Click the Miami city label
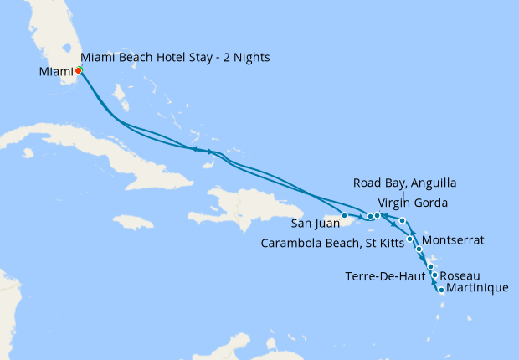pos(55,72)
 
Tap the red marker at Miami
pos(78,71)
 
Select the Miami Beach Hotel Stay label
pos(176,57)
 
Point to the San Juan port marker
pos(344,217)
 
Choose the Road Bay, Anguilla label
pos(405,183)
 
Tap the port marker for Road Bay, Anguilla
pos(403,221)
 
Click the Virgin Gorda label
pos(414,203)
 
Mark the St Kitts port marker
pos(409,239)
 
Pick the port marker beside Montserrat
pos(419,249)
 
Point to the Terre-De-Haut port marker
pos(430,267)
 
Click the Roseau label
pos(460,275)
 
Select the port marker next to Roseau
pos(434,275)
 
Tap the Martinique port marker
pos(441,291)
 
